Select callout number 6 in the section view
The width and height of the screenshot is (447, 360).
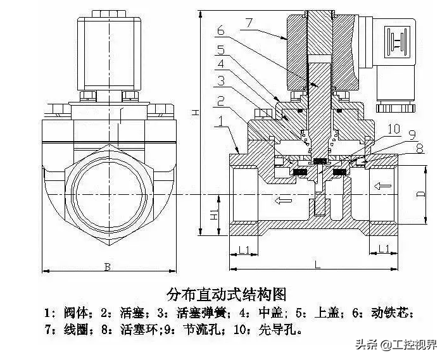[x=220, y=30]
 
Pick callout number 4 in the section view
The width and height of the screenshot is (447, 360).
[x=220, y=64]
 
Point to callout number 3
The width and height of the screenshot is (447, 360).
[x=220, y=80]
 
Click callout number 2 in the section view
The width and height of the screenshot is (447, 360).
[x=220, y=101]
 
